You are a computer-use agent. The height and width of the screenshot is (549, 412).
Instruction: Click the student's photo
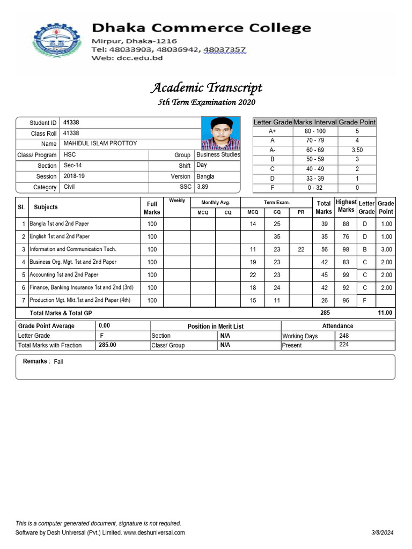pos(221,132)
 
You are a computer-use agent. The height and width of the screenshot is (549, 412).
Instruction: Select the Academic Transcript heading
pos(207,87)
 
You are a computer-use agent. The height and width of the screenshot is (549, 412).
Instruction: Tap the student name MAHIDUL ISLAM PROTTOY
pos(100,144)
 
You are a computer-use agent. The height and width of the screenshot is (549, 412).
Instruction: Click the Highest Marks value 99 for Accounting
pos(346,275)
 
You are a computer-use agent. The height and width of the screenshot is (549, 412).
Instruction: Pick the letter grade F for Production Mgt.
pos(365,301)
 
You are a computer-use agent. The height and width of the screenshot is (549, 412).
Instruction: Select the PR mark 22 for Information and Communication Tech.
pos(301,249)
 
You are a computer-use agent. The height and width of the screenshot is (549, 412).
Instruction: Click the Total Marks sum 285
pos(325,313)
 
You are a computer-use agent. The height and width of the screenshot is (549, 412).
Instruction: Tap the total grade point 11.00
pos(385,313)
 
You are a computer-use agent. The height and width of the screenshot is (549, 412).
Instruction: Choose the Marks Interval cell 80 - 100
pos(315,131)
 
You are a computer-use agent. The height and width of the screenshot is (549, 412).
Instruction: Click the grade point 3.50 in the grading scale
pos(357,150)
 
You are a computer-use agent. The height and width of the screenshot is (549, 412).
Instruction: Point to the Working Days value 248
pos(344,336)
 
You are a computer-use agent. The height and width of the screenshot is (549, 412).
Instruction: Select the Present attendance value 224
pos(344,345)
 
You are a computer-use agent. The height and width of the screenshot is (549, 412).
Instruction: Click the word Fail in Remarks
pos(58,362)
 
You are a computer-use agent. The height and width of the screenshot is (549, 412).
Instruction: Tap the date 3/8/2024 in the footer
pos(382,532)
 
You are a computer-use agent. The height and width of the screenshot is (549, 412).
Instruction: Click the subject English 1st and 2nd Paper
pos(60,236)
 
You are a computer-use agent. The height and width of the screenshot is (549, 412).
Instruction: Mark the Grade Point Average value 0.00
pos(105,326)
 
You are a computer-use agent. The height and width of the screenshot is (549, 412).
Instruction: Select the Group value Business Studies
pos(218,154)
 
